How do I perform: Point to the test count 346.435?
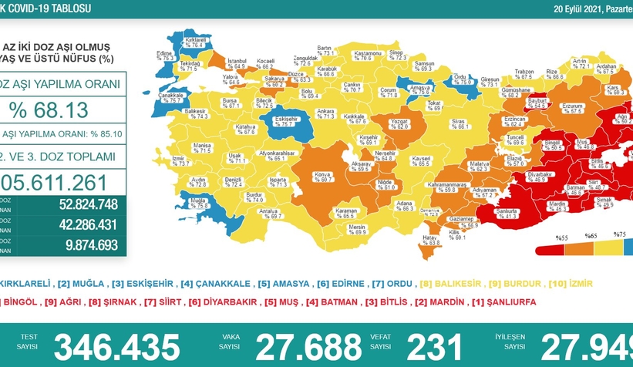117,347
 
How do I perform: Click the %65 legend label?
591,235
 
